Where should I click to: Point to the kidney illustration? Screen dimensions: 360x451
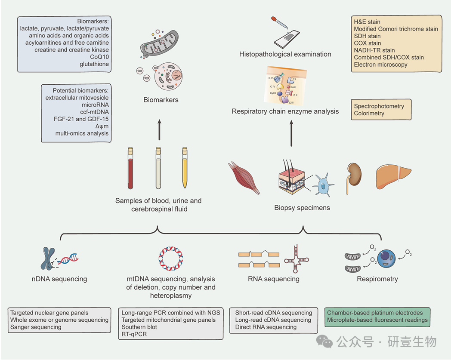point(354,174)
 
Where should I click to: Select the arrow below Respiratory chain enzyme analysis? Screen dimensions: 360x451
point(292,134)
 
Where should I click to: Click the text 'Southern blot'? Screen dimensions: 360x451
point(139,327)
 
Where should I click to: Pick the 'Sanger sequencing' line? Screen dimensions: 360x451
point(36,327)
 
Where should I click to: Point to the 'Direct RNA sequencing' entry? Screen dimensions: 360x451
point(266,327)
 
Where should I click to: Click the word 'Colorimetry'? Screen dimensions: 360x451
point(369,114)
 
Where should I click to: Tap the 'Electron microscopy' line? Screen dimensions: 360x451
point(381,65)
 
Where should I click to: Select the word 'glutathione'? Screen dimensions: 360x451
point(94,64)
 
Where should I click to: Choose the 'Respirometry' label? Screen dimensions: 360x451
point(377,279)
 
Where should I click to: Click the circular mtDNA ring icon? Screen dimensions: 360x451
point(171,256)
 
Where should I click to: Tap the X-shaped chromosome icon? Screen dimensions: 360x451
point(47,258)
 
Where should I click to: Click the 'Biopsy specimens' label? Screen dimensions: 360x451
point(302,208)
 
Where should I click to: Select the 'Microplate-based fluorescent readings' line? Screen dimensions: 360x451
point(377,320)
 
